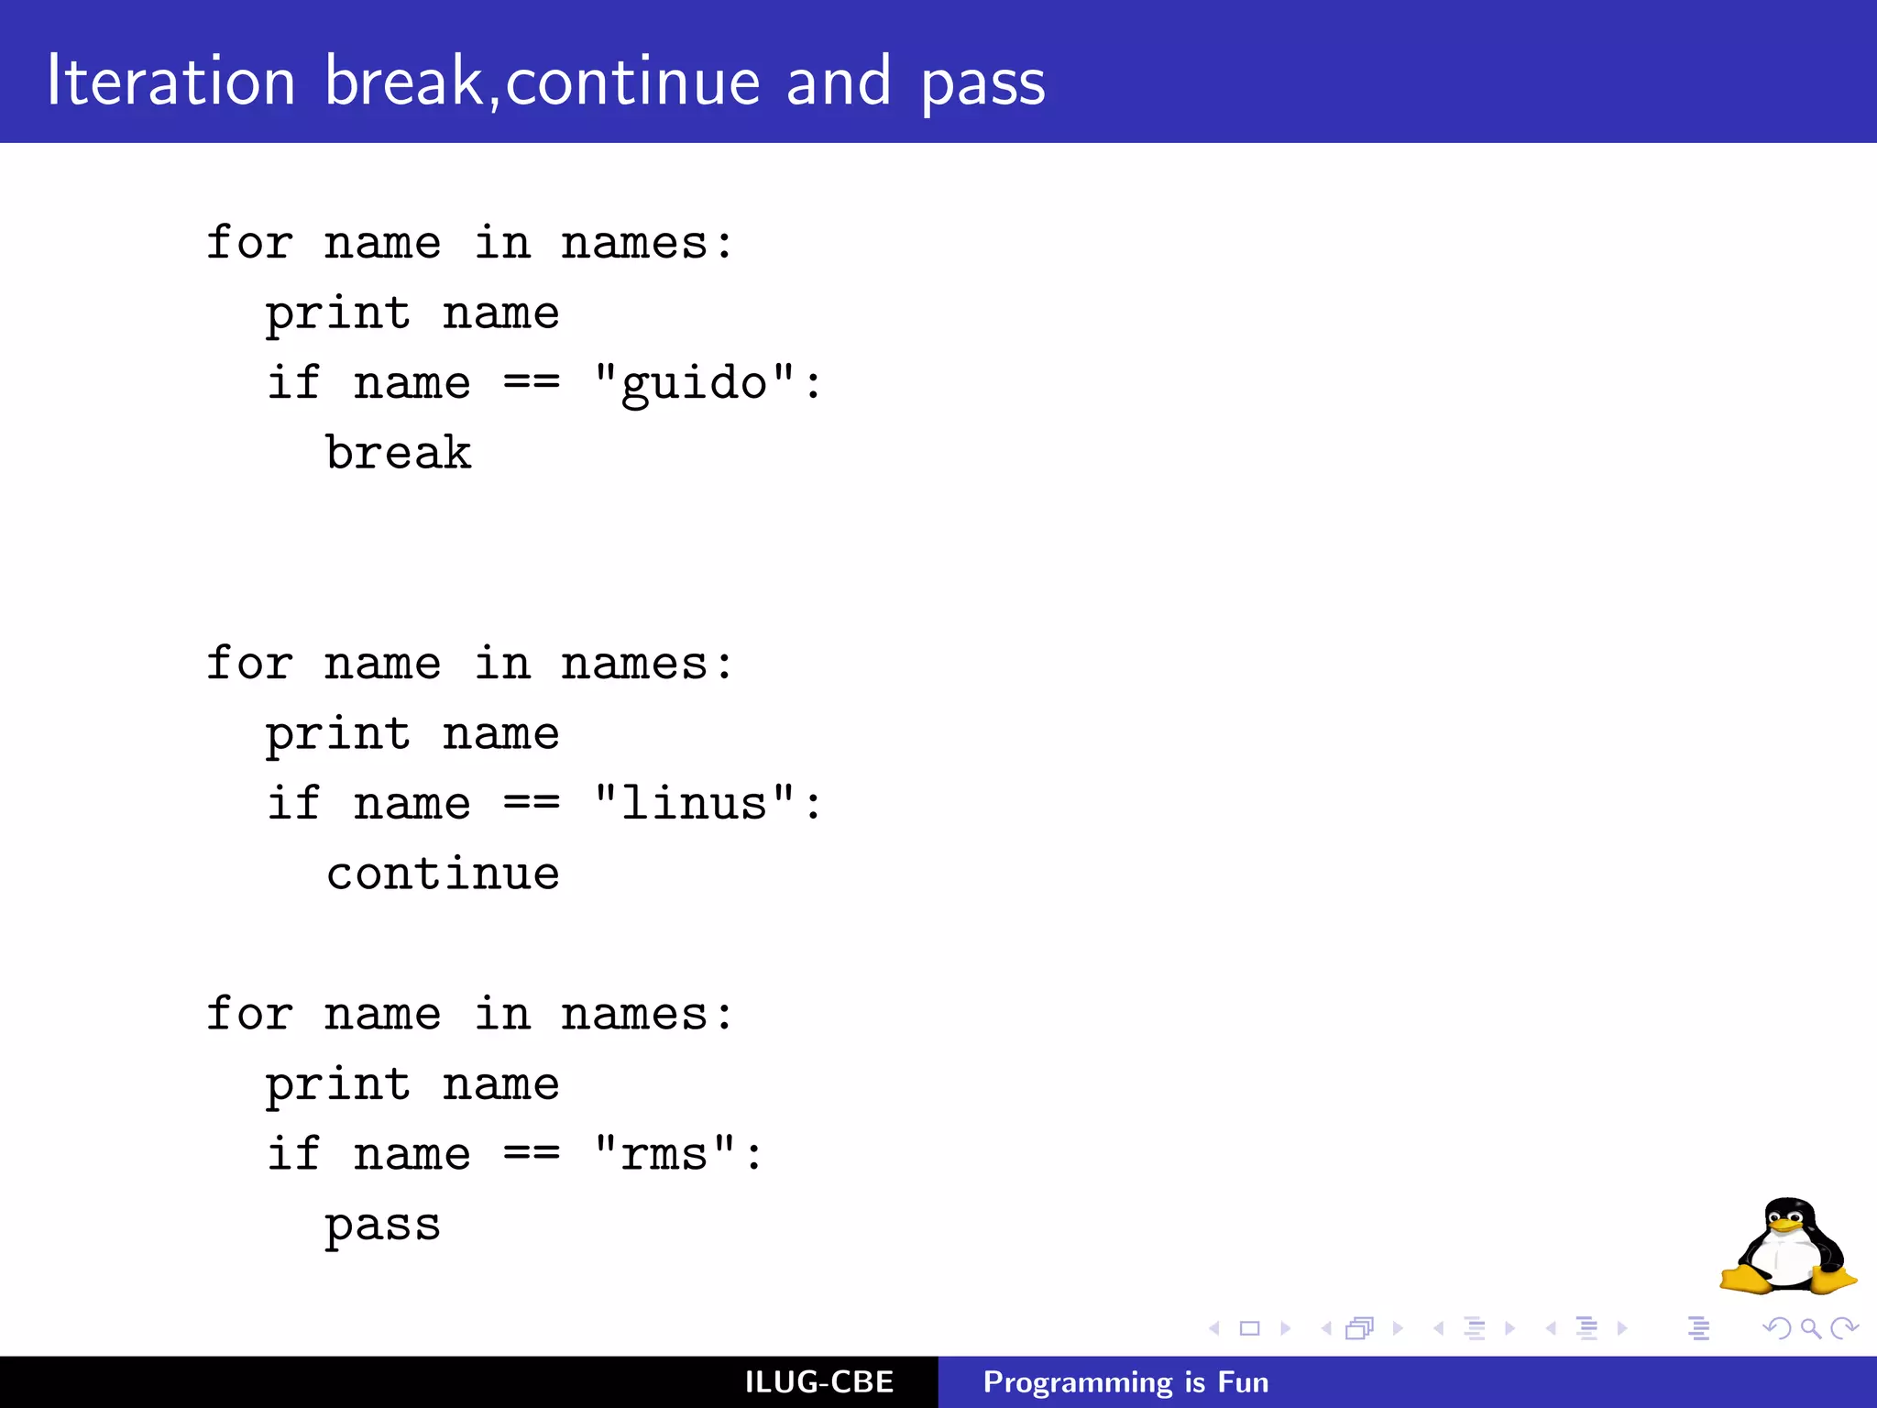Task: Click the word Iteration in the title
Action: pos(171,82)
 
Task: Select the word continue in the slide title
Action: pos(632,82)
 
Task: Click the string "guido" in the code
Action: pos(694,383)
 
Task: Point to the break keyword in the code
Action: pos(399,453)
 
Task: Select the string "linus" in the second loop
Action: pos(694,804)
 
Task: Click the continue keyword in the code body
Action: pos(443,874)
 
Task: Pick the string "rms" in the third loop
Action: pos(664,1154)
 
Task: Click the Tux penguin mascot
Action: pos(1788,1247)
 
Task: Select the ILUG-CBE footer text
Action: pos(818,1382)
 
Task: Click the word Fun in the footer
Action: pos(1243,1382)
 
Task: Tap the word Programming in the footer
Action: pos(1078,1382)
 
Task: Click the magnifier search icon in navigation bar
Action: pos(1810,1328)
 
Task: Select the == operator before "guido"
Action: pos(532,383)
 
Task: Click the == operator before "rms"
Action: pos(532,1154)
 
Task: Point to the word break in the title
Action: pos(403,82)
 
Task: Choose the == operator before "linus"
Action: pos(532,804)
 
